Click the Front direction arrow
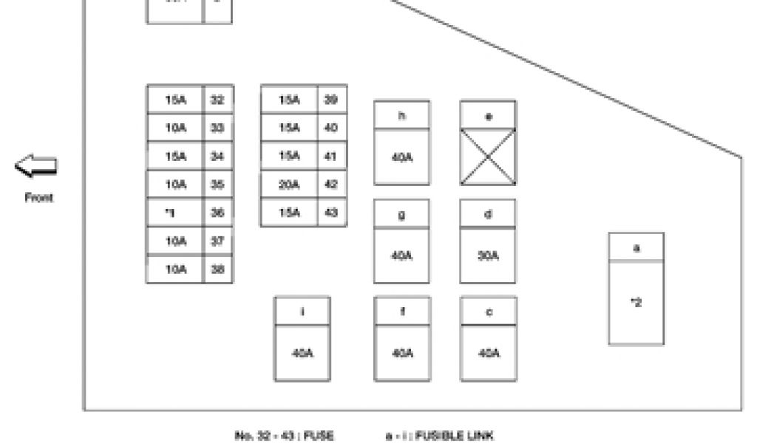click(x=36, y=166)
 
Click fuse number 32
click(x=217, y=100)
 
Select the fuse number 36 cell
click(x=217, y=213)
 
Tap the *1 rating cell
click(x=174, y=213)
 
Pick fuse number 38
click(x=217, y=269)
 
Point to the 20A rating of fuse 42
click(x=288, y=185)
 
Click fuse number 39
click(x=331, y=100)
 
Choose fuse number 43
click(x=331, y=213)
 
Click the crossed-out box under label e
click(x=488, y=157)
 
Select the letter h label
click(x=401, y=116)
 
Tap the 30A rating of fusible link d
click(x=488, y=255)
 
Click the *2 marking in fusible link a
click(x=636, y=303)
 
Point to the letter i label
click(x=302, y=311)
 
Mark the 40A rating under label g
click(x=401, y=255)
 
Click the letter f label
click(x=401, y=311)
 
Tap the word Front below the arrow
click(x=38, y=198)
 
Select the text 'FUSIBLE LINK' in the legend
click(x=454, y=436)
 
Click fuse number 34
click(x=217, y=156)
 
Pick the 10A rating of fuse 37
click(x=174, y=241)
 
